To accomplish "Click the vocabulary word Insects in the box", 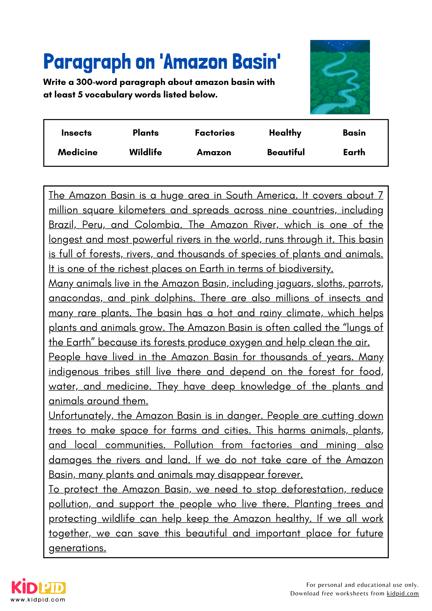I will [x=76, y=133].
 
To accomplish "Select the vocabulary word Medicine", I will [x=78, y=152].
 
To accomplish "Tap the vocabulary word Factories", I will [x=215, y=133].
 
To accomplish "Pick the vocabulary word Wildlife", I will [x=145, y=152].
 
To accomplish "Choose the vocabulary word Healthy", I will [x=285, y=133].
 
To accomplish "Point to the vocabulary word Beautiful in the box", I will [x=286, y=152].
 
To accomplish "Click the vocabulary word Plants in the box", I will [x=146, y=133].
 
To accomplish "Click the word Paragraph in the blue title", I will [x=87, y=62].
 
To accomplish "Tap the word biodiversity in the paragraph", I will [x=306, y=269].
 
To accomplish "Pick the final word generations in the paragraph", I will [x=77, y=548].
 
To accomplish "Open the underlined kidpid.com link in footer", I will [x=403, y=593].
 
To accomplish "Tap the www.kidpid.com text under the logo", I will [x=38, y=599].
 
